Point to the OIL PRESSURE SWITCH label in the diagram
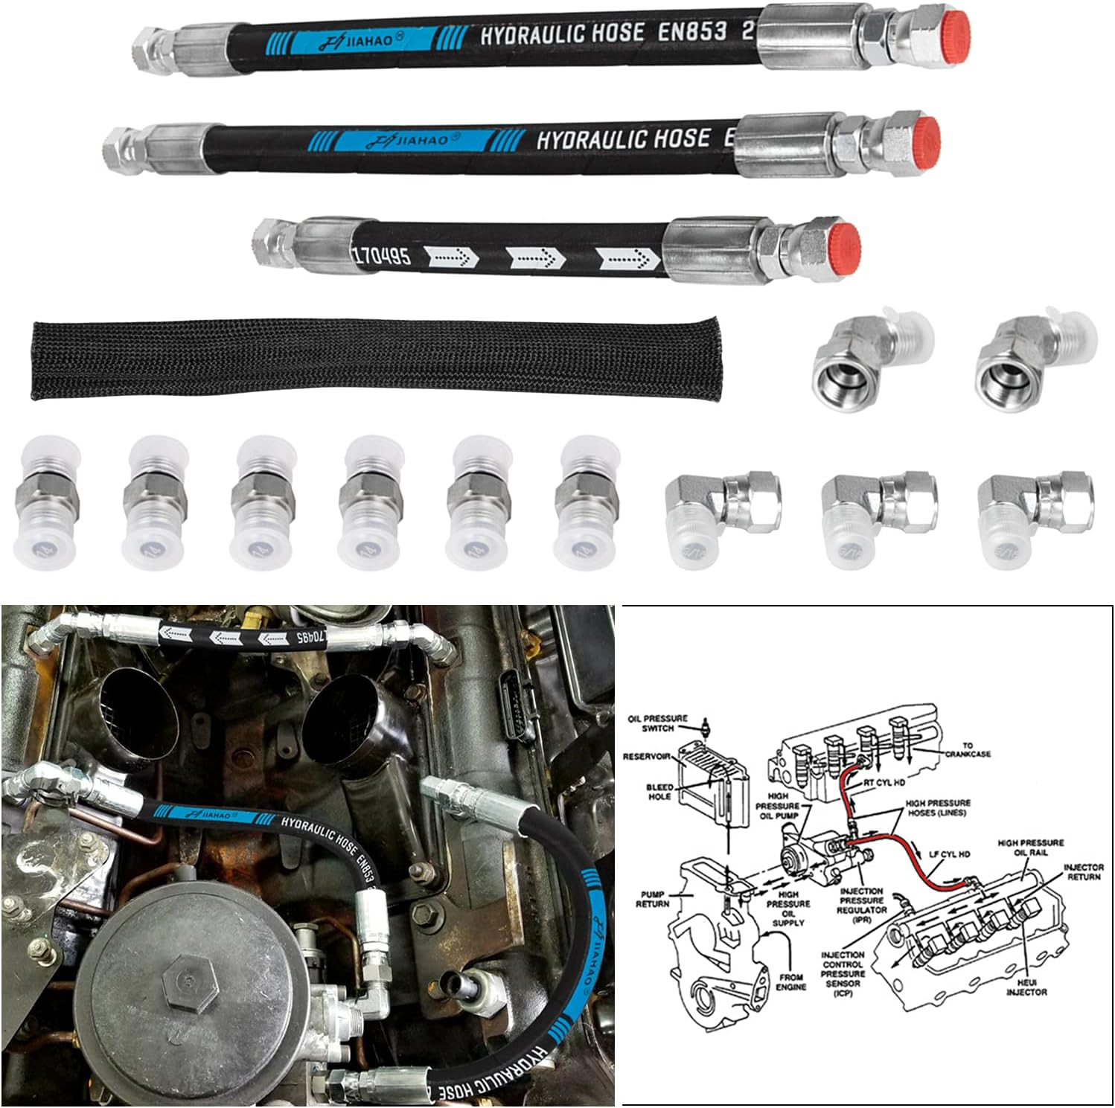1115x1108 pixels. (x=656, y=723)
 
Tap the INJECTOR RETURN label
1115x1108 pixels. (x=1082, y=872)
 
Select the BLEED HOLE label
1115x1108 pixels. (x=659, y=791)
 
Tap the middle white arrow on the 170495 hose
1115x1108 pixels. (x=530, y=257)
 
